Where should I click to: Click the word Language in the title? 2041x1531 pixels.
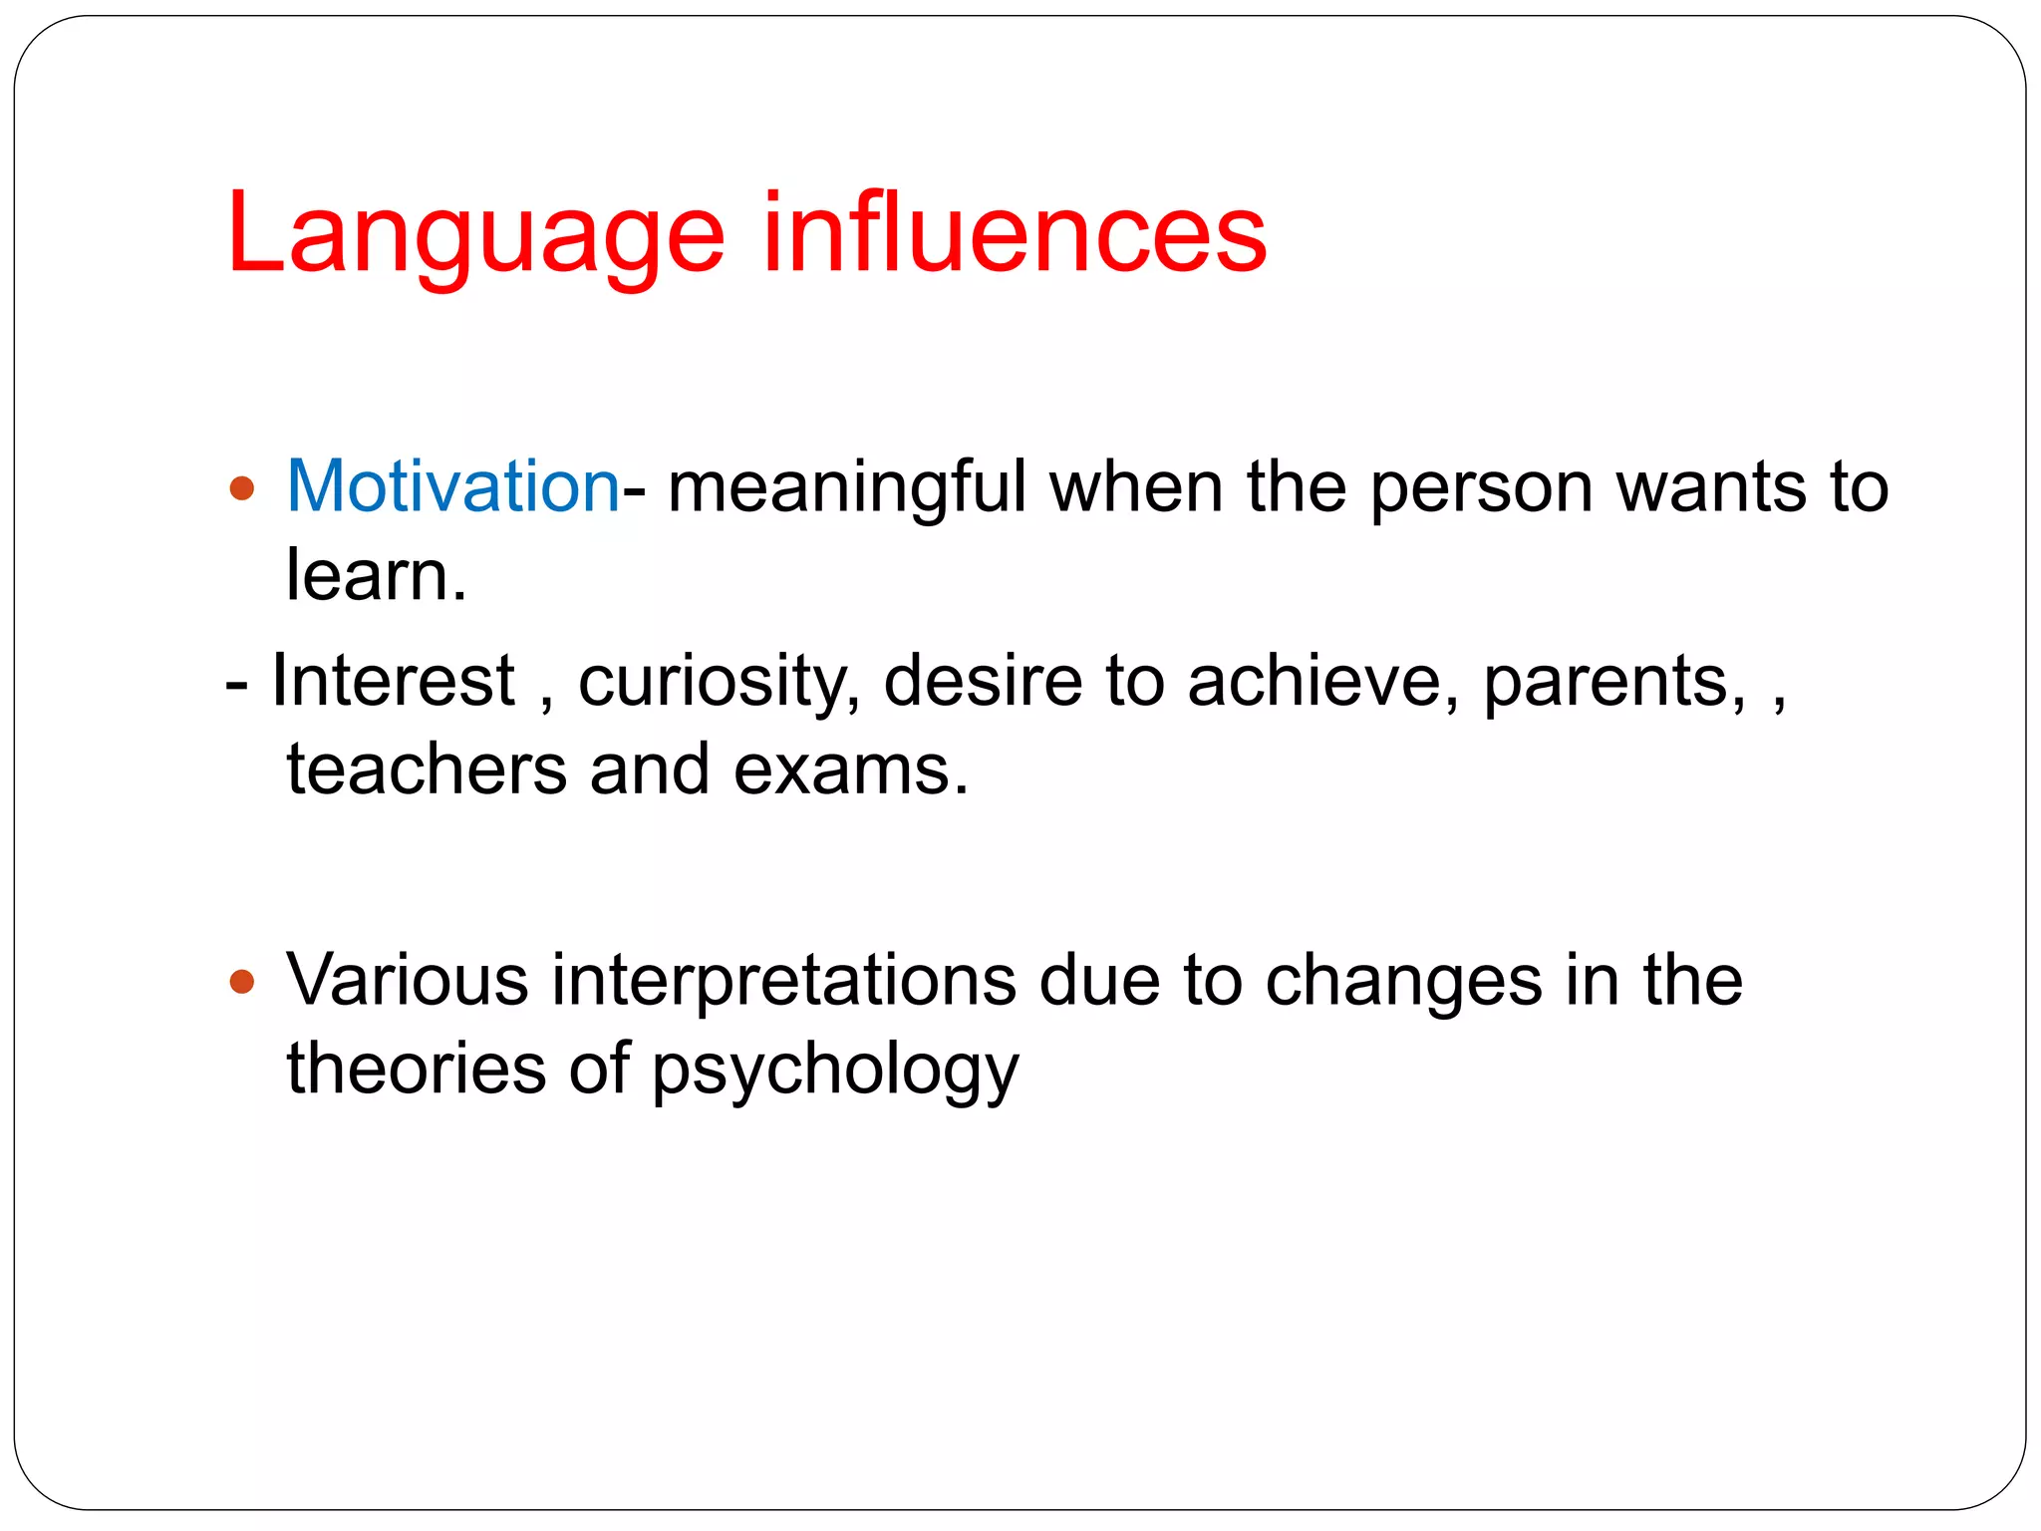[x=475, y=235]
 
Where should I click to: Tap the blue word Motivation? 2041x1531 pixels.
[x=453, y=486]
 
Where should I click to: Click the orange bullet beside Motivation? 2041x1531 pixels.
[x=242, y=488]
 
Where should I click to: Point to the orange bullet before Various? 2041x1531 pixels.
[x=242, y=983]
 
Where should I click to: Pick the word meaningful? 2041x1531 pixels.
[x=847, y=488]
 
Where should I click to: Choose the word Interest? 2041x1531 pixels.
[x=394, y=681]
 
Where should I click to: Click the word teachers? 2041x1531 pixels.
[x=427, y=770]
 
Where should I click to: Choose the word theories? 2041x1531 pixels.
[x=417, y=1069]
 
